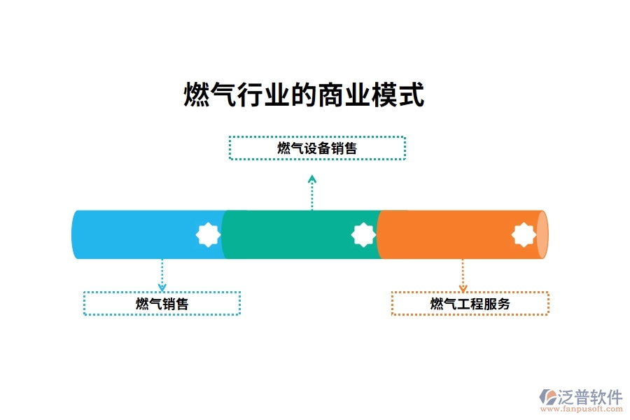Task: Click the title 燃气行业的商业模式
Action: point(304,95)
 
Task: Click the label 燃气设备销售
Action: point(317,148)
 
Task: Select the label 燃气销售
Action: point(162,304)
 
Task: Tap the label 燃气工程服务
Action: point(470,304)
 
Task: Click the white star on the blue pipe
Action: point(208,234)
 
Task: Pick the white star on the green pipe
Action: point(363,234)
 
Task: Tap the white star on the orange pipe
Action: point(524,234)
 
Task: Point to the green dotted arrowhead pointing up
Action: point(312,179)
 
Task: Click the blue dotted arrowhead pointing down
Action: point(162,286)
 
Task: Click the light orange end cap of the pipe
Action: point(542,234)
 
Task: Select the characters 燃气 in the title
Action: point(202,95)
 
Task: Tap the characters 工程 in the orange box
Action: point(470,304)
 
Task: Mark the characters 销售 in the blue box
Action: point(175,304)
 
